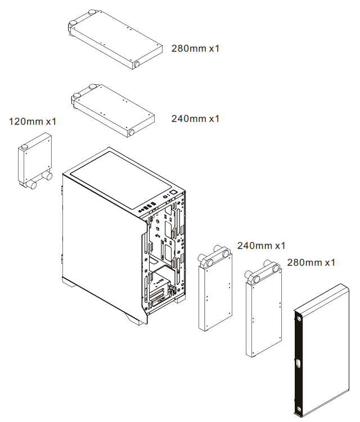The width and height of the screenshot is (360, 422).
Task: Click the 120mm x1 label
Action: pyautogui.click(x=33, y=121)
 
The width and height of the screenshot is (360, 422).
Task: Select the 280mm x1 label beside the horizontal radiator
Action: pyautogui.click(x=195, y=48)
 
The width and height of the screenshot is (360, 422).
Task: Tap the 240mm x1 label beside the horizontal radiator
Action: pyautogui.click(x=195, y=119)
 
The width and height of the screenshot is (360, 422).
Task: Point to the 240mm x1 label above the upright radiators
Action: pyautogui.click(x=261, y=246)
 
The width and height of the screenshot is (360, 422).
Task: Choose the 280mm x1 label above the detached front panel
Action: pyautogui.click(x=311, y=262)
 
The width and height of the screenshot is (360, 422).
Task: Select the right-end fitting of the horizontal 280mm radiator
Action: pyautogui.click(x=136, y=65)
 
